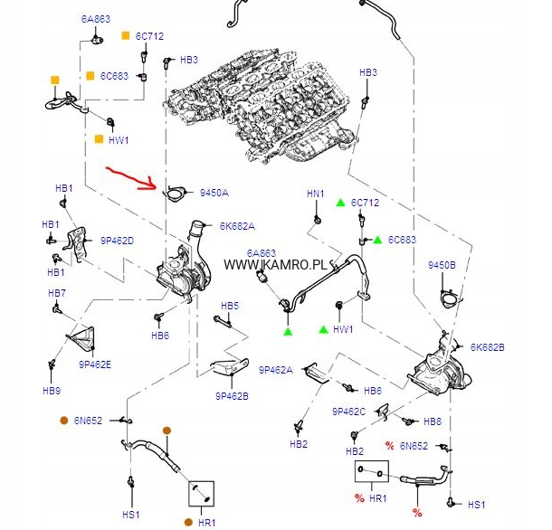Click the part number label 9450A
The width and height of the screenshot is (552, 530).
pos(214,193)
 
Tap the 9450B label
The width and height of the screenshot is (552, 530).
pos(442,264)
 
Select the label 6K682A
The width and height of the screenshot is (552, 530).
pos(236,226)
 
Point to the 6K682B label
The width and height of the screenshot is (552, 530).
pos(487,346)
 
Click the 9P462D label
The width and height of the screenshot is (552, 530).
pos(117,241)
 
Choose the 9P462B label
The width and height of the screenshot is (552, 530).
pos(232,395)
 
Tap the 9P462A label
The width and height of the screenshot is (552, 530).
pos(275,370)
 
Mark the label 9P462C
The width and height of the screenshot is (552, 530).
pos(348,412)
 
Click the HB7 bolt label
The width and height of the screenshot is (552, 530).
pos(57,293)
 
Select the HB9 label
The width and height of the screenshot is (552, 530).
pos(51,391)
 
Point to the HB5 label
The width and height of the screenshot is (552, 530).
pos(230,306)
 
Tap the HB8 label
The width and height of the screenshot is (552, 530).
pos(433,421)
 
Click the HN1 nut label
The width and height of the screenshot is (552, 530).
pos(315,194)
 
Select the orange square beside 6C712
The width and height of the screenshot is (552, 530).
pos(126,36)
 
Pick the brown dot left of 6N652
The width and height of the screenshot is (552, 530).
pos(64,421)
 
